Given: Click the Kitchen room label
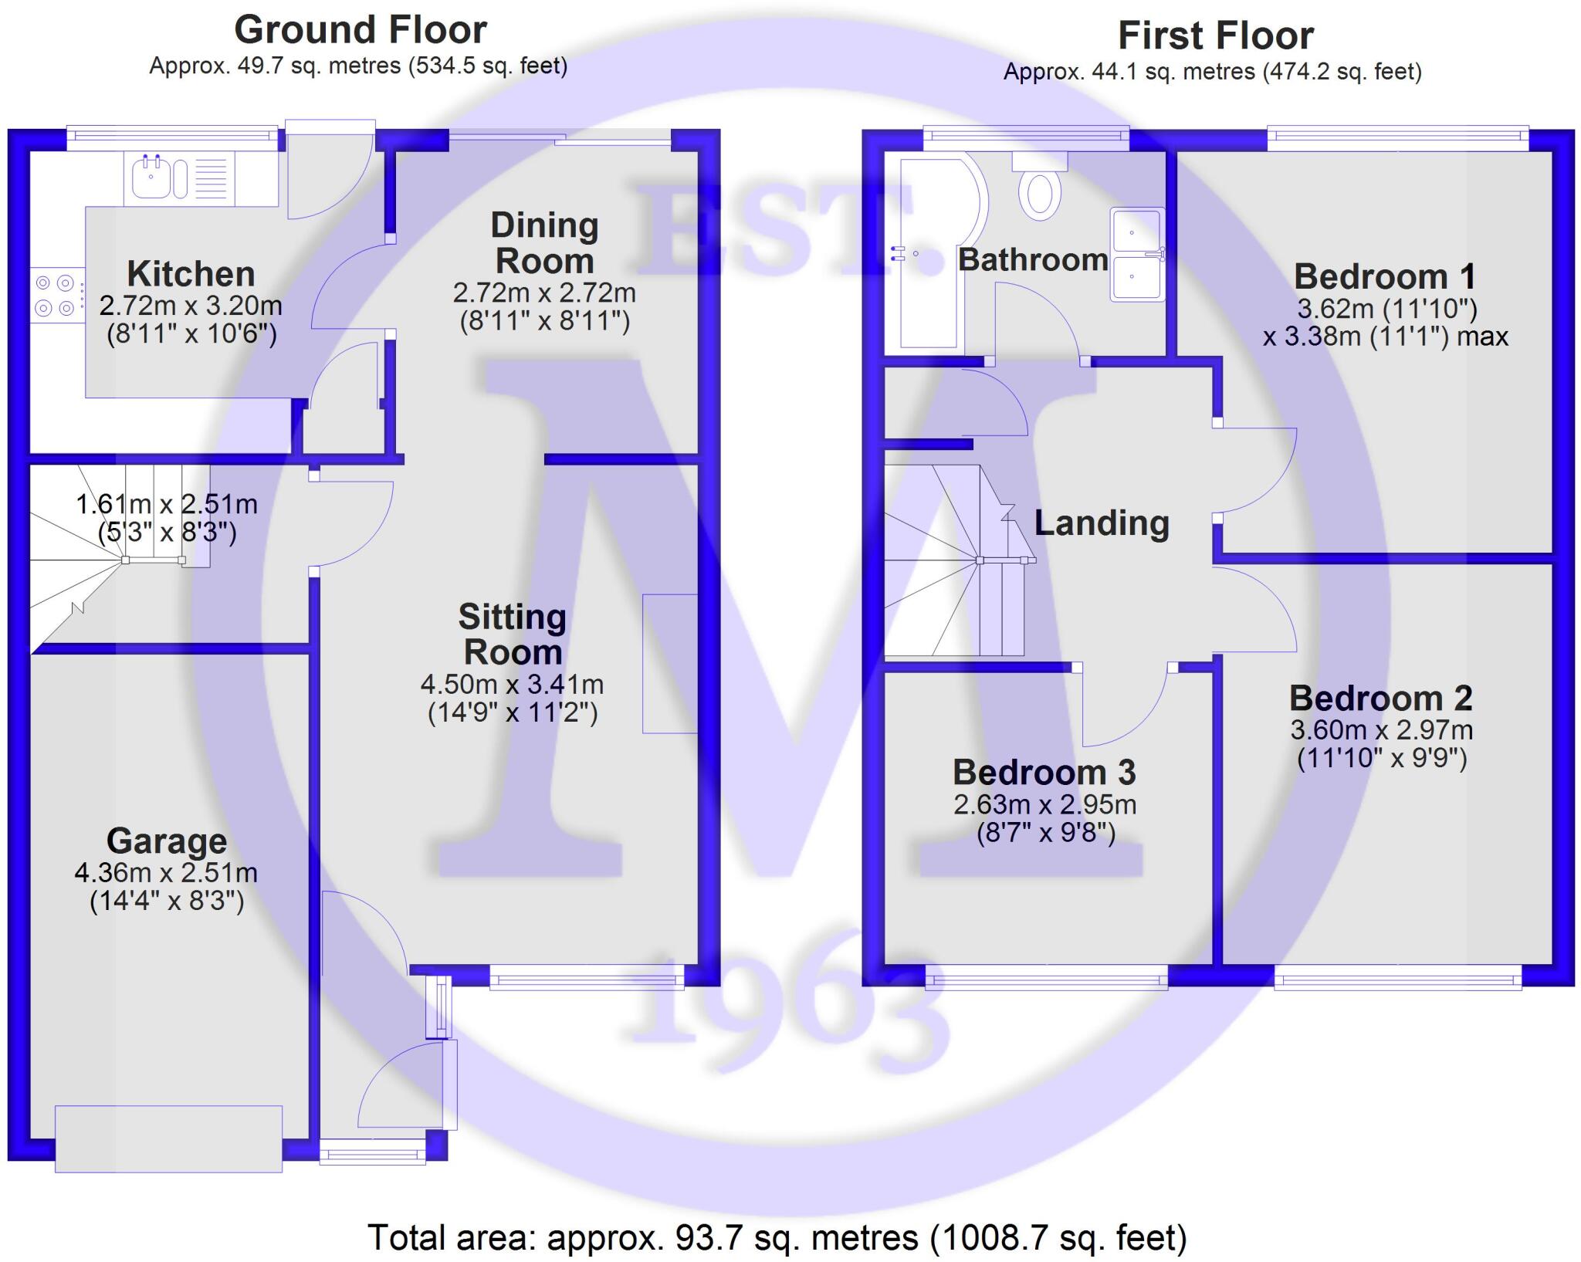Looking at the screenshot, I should (x=191, y=274).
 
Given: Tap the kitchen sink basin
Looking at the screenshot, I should (x=151, y=178).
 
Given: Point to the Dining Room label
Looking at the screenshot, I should (x=544, y=243).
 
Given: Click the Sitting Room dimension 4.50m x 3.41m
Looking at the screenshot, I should (x=512, y=685).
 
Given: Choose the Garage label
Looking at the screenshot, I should (x=167, y=841).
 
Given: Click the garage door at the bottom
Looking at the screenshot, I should (x=168, y=1139).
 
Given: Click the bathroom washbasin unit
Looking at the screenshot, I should (x=1136, y=254).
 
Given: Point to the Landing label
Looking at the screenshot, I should (x=1102, y=523).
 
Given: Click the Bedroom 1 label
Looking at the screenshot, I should (x=1385, y=276).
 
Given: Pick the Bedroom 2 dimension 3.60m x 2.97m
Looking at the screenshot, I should (x=1382, y=730).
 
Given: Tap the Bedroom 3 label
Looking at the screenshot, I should (x=1044, y=773).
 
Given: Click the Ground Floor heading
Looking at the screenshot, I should (x=361, y=30).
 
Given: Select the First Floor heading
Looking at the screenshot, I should (x=1216, y=36).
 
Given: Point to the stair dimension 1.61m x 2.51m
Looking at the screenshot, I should (x=167, y=505).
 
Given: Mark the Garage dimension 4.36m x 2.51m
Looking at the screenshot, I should (x=166, y=873).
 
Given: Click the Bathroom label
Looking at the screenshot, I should (x=1033, y=260).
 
